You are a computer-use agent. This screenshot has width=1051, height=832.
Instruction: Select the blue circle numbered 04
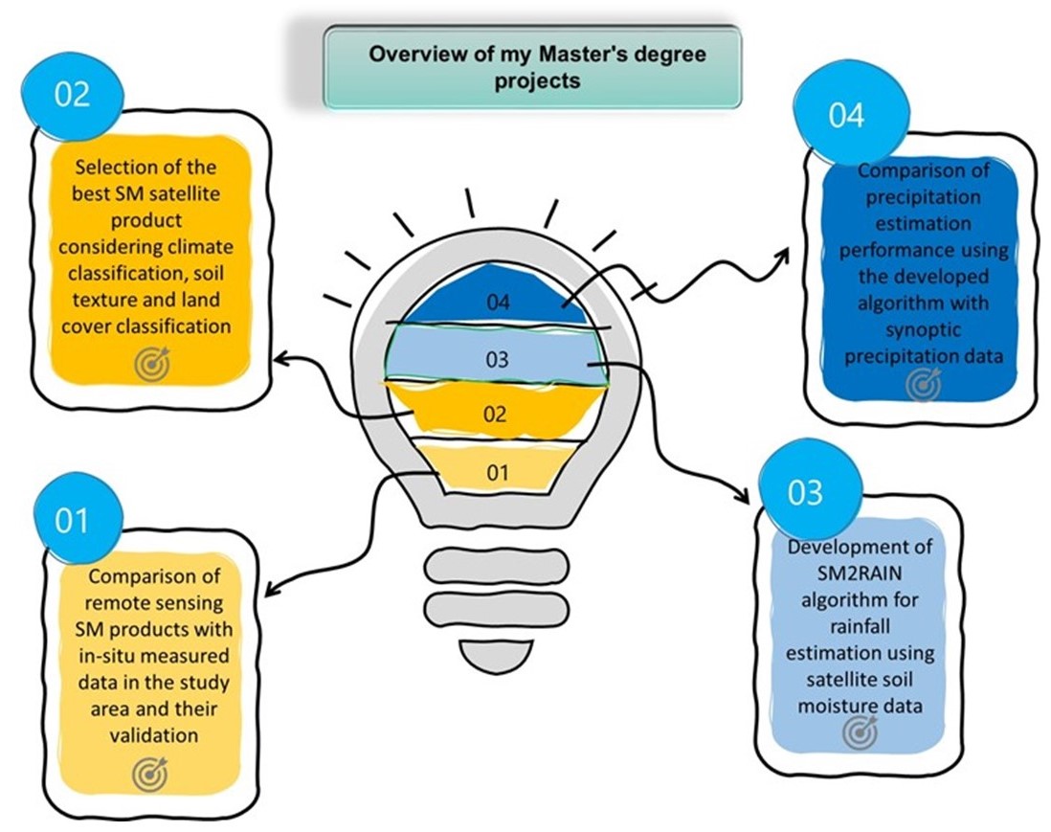(846, 114)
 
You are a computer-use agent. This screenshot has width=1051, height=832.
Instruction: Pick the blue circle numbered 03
(805, 492)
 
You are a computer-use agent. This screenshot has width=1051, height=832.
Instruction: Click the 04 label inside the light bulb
(498, 303)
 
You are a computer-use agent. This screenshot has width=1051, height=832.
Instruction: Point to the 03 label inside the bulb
(497, 360)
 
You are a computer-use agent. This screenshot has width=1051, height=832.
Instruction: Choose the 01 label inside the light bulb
(497, 471)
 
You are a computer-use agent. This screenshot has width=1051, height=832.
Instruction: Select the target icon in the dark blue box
(924, 384)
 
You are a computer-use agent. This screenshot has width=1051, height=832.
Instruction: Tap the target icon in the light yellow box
(150, 771)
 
